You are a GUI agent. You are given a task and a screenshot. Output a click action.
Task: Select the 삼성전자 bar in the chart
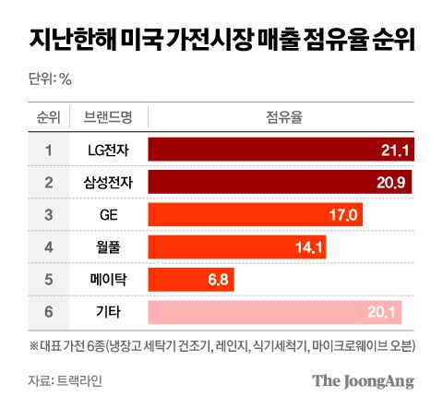(x=280, y=183)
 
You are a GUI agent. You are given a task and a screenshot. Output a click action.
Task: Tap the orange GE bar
(x=255, y=215)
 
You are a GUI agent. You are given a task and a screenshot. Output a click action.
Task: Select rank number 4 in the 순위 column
(x=47, y=247)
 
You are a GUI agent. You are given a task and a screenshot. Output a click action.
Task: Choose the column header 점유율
(x=278, y=117)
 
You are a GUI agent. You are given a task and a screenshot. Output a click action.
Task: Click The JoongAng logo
(x=362, y=380)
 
